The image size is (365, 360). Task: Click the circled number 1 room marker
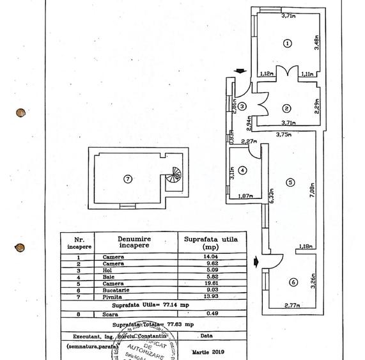[x=287, y=43]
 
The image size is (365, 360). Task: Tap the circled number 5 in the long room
[x=290, y=182]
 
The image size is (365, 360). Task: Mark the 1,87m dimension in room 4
[x=245, y=196]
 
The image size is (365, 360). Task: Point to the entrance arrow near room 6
[x=257, y=260]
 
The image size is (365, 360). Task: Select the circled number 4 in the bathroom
[x=243, y=170]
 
